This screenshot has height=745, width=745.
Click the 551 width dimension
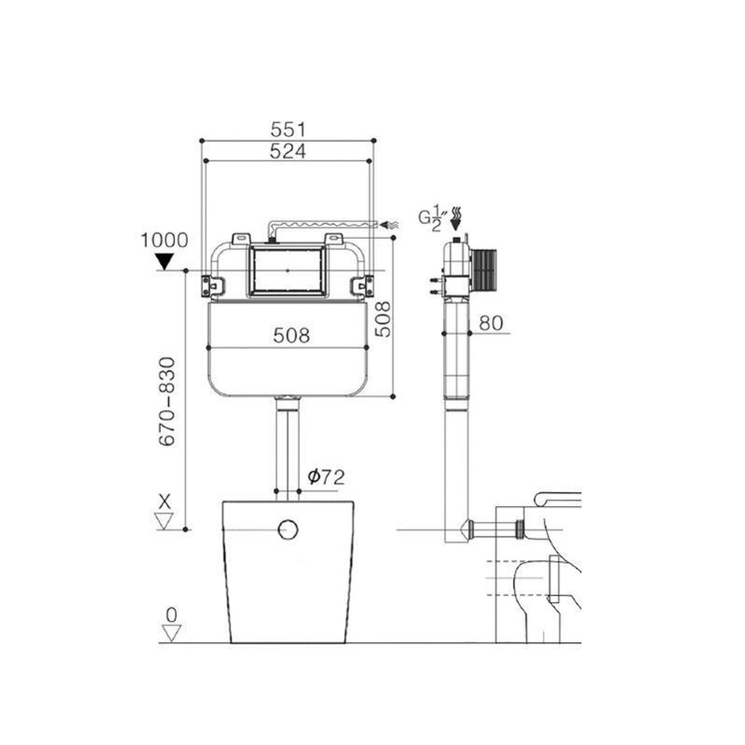pos(288,129)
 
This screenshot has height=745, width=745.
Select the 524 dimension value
pos(288,151)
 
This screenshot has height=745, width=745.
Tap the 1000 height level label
pos(164,240)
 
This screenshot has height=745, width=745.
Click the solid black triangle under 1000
pos(164,261)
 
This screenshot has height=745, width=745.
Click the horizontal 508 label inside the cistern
pos(291,336)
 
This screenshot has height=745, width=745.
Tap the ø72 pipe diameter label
pos(326,477)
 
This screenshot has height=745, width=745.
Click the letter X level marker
pos(164,501)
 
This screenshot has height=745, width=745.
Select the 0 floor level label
pos(170,613)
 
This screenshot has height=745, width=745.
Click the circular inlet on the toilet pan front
pos(288,529)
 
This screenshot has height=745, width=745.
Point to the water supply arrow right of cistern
pos(388,224)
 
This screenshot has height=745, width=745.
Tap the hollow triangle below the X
pos(164,521)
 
